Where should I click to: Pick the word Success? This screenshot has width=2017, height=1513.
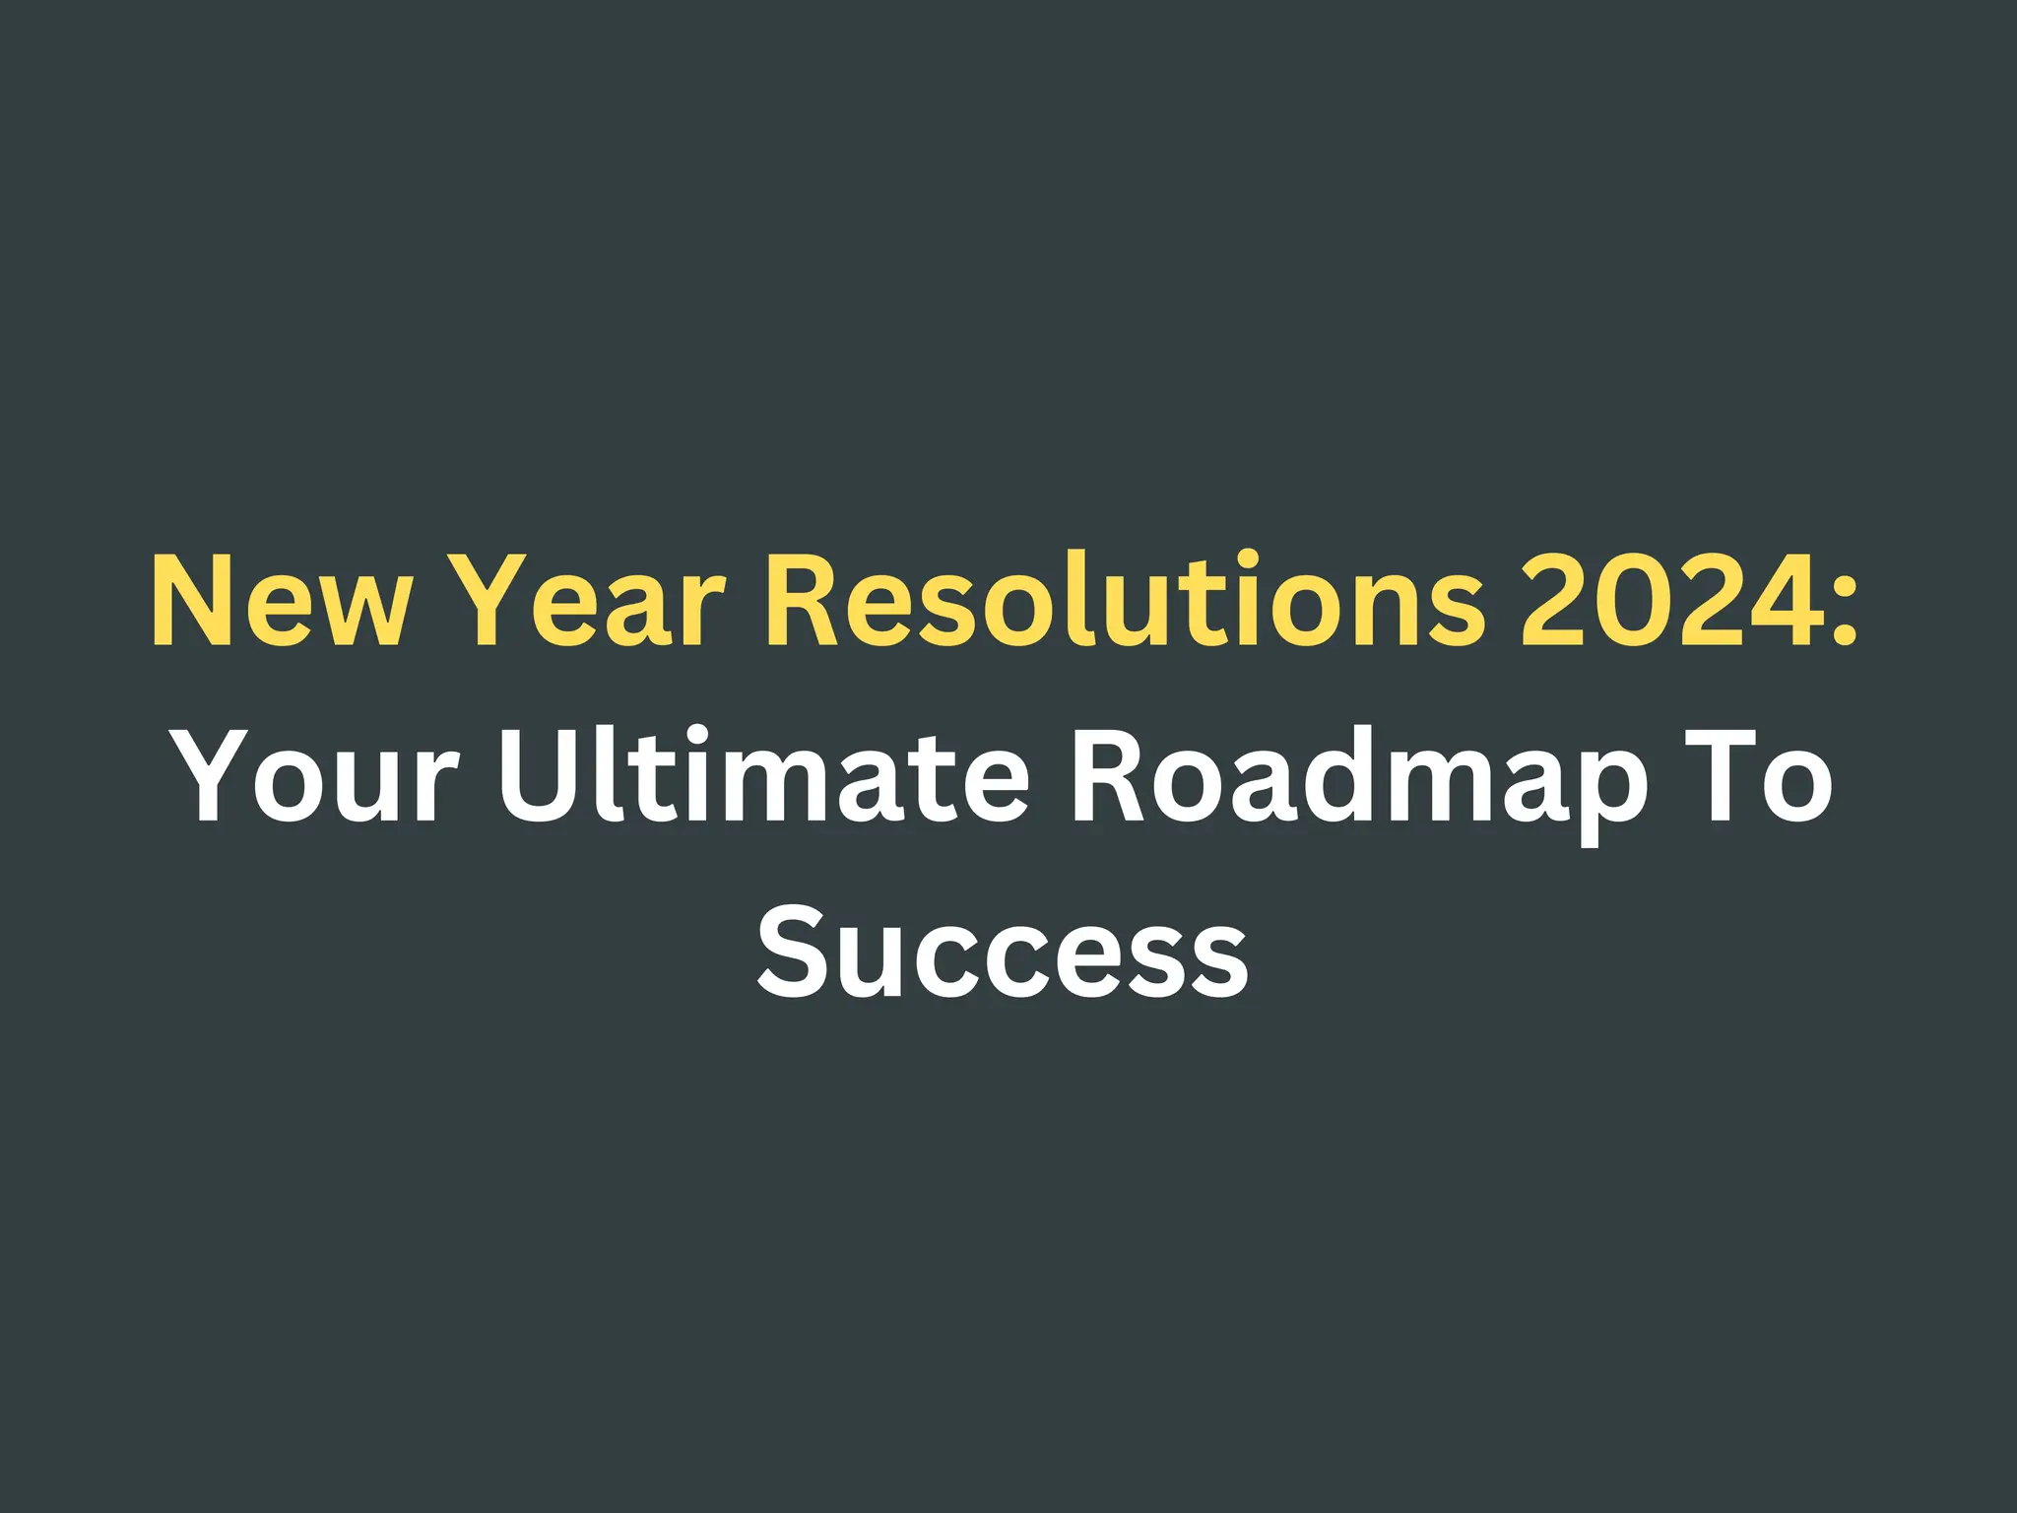[x=1003, y=951]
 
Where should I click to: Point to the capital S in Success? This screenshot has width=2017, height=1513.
[x=794, y=951]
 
